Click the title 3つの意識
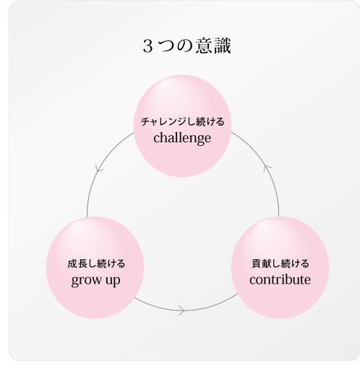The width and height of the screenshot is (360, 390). [x=187, y=46]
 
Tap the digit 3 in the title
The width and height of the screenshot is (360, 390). [x=147, y=46]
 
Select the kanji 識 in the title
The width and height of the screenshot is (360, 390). [x=223, y=46]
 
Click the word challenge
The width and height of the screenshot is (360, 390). [x=182, y=138]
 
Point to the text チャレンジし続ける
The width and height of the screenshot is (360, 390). [x=182, y=122]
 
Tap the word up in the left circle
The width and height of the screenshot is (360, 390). [x=113, y=281]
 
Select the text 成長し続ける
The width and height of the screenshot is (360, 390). [x=96, y=264]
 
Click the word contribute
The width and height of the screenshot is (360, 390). [x=280, y=279]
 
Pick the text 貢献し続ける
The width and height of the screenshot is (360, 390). [x=280, y=264]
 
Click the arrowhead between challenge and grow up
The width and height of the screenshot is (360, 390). [x=99, y=170]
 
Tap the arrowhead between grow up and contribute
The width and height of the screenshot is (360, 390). [x=182, y=311]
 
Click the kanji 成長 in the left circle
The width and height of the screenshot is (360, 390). [x=77, y=264]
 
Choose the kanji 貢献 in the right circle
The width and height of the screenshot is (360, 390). [x=262, y=264]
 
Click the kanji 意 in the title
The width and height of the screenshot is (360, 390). [x=204, y=46]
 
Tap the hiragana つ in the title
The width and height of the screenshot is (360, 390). [x=167, y=47]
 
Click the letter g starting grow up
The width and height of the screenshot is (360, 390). [x=75, y=281]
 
